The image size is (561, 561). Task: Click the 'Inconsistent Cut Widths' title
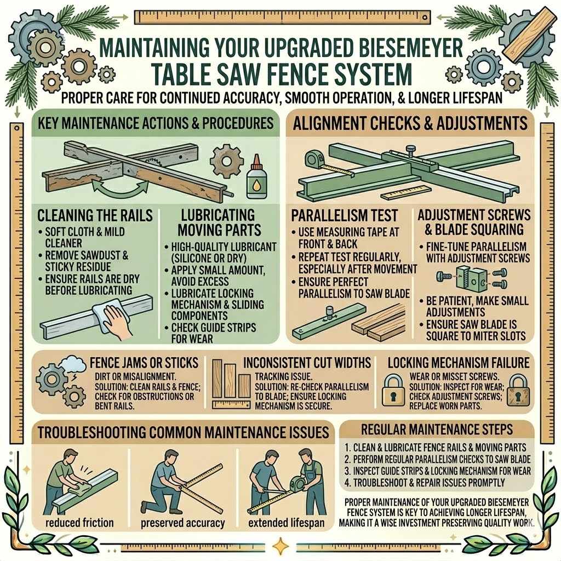pyautogui.click(x=307, y=362)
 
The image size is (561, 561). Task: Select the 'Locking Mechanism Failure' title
pyautogui.click(x=458, y=362)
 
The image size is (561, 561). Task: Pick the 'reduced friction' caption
pyautogui.click(x=79, y=523)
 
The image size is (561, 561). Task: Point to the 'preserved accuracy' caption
pyautogui.click(x=183, y=523)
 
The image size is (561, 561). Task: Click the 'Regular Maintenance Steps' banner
pyautogui.click(x=437, y=428)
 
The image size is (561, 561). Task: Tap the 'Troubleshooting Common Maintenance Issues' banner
pyautogui.click(x=184, y=432)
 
